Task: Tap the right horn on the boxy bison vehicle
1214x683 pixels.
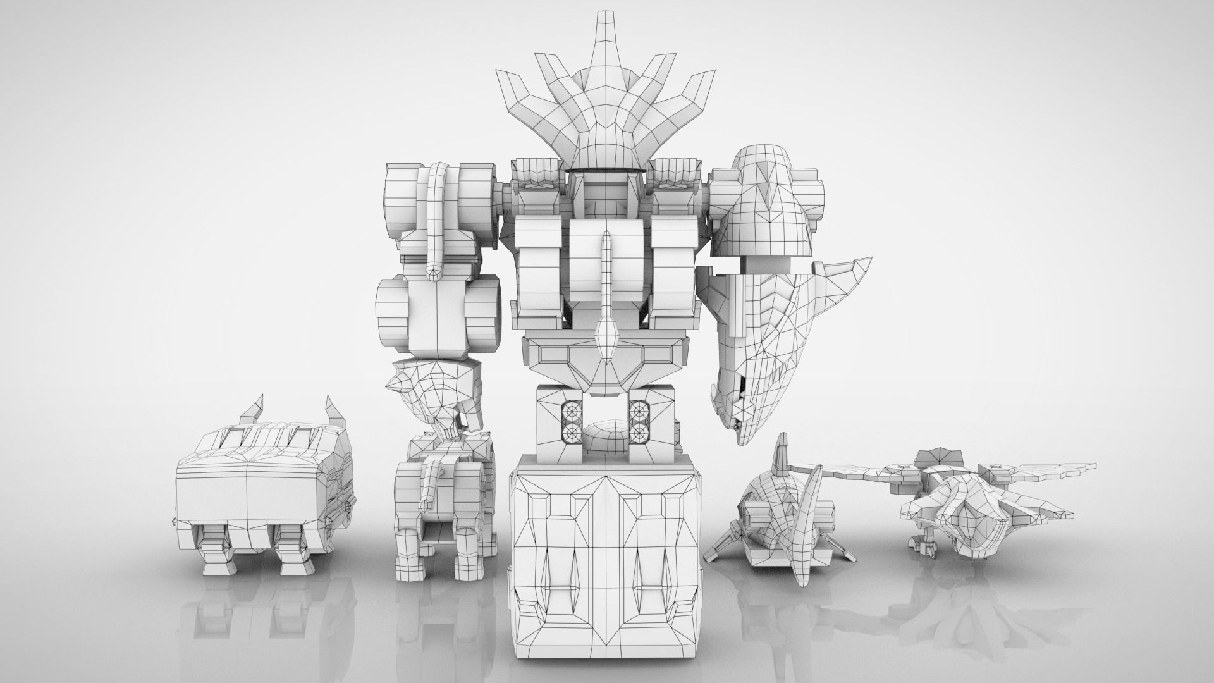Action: (333, 410)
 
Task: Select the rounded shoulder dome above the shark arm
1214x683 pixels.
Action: (762, 196)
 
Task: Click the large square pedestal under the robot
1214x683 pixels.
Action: (606, 557)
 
